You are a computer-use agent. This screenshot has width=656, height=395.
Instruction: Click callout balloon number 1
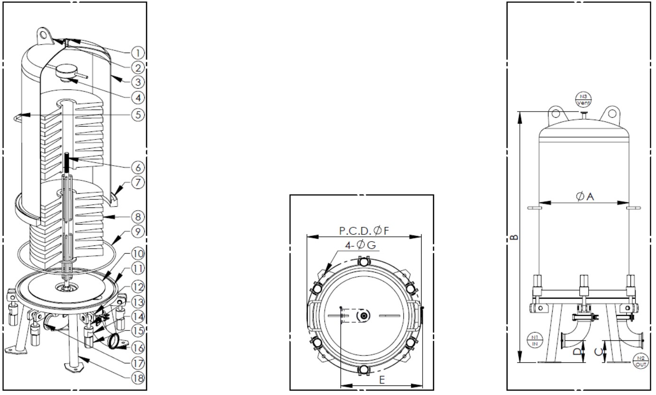click(x=138, y=53)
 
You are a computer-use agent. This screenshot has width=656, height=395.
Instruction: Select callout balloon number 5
click(x=138, y=114)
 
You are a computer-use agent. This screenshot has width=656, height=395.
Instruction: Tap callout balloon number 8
click(x=138, y=217)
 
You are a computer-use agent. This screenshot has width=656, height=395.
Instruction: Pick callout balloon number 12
click(x=138, y=287)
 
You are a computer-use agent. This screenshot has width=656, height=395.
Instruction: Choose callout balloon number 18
click(x=138, y=378)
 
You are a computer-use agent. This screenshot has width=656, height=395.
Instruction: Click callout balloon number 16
click(x=138, y=348)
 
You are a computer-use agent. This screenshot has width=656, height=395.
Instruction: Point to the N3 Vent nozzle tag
click(x=583, y=100)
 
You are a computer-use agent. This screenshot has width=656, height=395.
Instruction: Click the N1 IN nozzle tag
click(x=535, y=341)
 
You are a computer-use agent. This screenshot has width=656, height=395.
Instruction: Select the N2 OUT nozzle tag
click(x=641, y=361)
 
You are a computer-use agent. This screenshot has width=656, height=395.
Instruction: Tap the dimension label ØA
click(x=585, y=197)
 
